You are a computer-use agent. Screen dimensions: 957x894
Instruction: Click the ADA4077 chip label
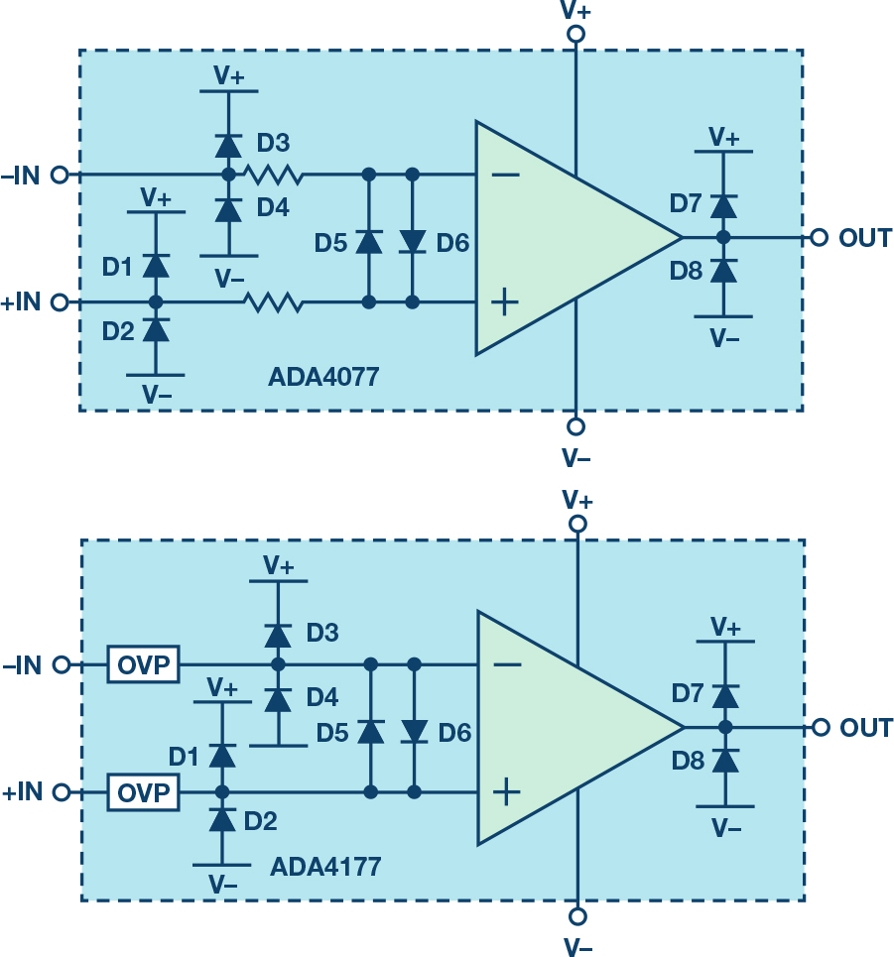coord(323,378)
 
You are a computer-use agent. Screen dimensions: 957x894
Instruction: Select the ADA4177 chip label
coord(325,867)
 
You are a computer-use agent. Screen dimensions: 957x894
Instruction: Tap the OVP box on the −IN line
coord(144,664)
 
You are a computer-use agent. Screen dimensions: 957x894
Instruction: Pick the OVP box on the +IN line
coord(144,792)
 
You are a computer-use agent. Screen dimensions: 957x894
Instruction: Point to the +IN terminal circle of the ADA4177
coord(61,792)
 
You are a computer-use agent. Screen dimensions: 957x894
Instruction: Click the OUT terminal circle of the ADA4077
coord(819,238)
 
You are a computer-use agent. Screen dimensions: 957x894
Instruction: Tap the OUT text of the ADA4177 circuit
coord(866,728)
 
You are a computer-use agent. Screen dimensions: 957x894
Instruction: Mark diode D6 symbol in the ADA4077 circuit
coord(413,241)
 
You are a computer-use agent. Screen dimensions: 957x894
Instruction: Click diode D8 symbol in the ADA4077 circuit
coord(723,270)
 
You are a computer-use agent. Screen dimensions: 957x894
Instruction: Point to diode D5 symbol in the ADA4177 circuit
coord(370,731)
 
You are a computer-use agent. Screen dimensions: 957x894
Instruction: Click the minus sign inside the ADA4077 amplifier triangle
coord(505,176)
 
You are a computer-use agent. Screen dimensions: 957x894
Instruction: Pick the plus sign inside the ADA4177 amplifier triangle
coord(506,790)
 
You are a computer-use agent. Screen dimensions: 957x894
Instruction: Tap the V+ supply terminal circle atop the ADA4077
coord(575,34)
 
